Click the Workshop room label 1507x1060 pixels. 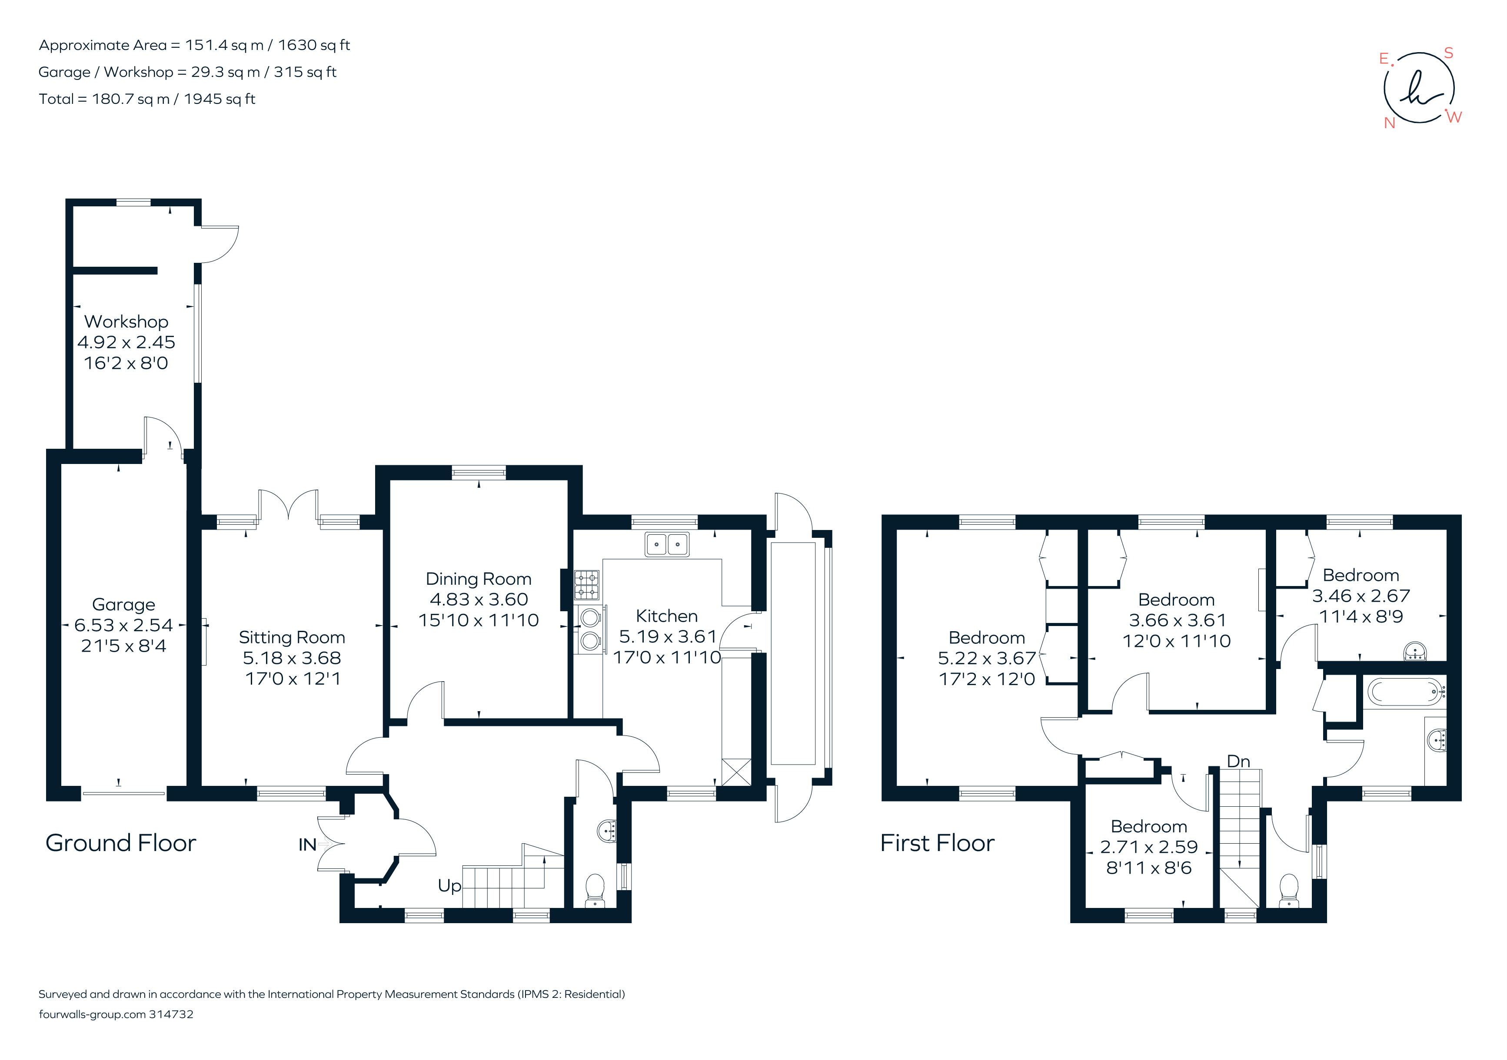tap(126, 321)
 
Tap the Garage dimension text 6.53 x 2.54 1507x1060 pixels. tap(123, 625)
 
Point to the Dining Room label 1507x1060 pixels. tap(479, 579)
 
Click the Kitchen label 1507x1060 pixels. tap(666, 616)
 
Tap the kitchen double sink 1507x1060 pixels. tap(667, 544)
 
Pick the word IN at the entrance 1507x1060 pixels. tap(307, 845)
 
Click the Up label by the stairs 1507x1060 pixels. tap(449, 885)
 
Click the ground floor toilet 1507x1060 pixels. tap(595, 890)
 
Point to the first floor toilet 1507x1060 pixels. tap(1289, 890)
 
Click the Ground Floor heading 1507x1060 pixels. tap(121, 843)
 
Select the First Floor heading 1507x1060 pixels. tap(937, 843)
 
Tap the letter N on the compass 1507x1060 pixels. tap(1390, 123)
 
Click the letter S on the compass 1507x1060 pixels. tap(1449, 53)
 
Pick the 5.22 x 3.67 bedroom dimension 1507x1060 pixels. tap(987, 658)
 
